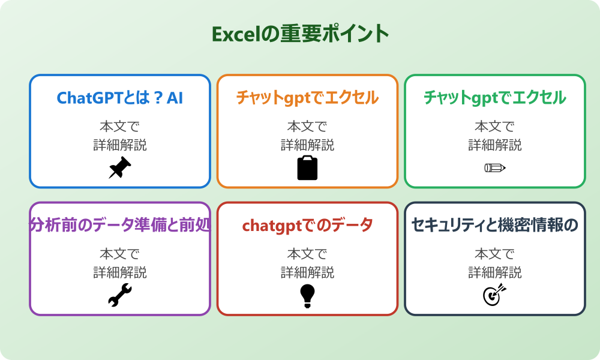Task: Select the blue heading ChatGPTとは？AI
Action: pyautogui.click(x=119, y=98)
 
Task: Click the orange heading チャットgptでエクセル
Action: pyautogui.click(x=307, y=98)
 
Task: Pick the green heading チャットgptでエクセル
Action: pyautogui.click(x=495, y=98)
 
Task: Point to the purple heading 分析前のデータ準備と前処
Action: pyautogui.click(x=119, y=225)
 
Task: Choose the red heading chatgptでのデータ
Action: pyautogui.click(x=307, y=225)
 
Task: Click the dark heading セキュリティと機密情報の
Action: pyautogui.click(x=495, y=225)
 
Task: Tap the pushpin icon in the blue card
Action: pyautogui.click(x=119, y=168)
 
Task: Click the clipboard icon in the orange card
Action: pyautogui.click(x=307, y=168)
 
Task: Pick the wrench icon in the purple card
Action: pyautogui.click(x=119, y=295)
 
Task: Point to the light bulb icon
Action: pyautogui.click(x=307, y=295)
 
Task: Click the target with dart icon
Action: pyautogui.click(x=495, y=295)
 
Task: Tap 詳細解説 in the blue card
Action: pyautogui.click(x=119, y=145)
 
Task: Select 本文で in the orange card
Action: pyautogui.click(x=307, y=127)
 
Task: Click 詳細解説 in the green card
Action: pyautogui.click(x=495, y=145)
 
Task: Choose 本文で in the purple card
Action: pyautogui.click(x=119, y=254)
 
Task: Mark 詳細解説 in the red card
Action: pyautogui.click(x=307, y=272)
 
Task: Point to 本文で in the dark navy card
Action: pyautogui.click(x=495, y=254)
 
